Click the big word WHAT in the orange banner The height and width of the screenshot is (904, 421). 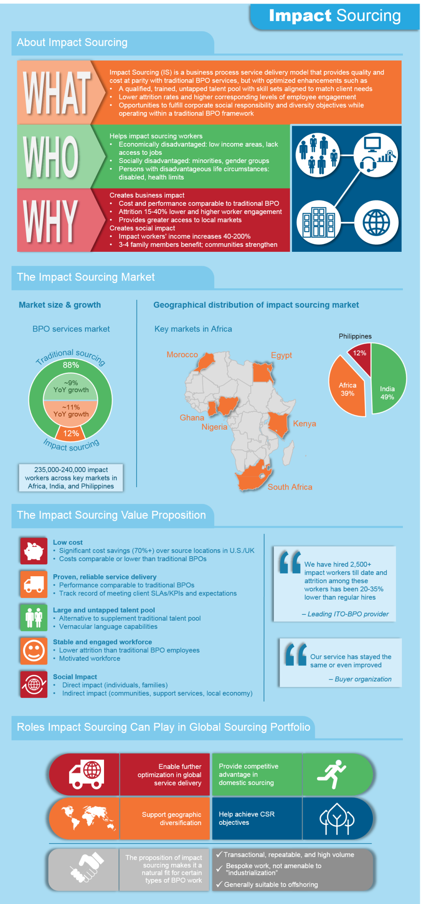(57, 92)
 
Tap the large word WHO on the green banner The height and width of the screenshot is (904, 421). (51, 156)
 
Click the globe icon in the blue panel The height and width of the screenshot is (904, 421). (376, 222)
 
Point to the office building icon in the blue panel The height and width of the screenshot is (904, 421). (319, 222)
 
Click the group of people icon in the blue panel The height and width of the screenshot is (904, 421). (318, 154)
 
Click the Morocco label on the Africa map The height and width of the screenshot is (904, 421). (182, 354)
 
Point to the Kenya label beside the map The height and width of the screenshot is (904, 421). (304, 423)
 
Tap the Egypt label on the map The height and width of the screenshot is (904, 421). (281, 355)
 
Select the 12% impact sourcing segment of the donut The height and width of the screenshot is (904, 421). (71, 433)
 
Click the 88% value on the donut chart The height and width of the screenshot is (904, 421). (71, 365)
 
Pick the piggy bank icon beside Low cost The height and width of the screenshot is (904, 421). (34, 551)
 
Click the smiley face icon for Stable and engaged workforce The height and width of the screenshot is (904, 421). (34, 651)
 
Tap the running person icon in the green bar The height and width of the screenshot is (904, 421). (332, 774)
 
